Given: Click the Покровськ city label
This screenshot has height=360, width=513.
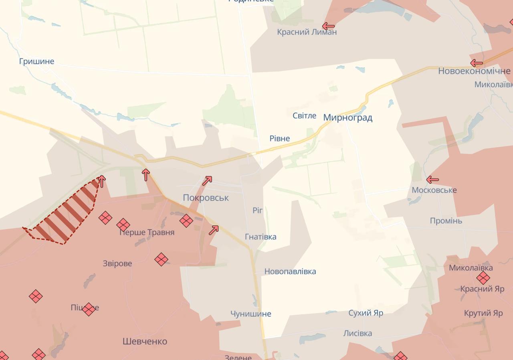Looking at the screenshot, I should pos(206,198).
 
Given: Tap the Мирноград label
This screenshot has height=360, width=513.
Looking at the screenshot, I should pos(347,117).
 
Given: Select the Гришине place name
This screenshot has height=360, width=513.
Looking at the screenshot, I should pos(36,61).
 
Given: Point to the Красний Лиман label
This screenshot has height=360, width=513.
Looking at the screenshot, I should pos(307,32).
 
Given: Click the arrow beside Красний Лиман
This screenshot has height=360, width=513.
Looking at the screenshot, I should pos(328,26).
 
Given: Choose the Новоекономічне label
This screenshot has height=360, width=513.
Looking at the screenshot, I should pos(474,71).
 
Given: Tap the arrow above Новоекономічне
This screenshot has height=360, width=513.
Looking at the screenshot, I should pos(477,63).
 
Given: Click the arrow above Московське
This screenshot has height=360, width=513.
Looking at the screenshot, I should pos(432,180).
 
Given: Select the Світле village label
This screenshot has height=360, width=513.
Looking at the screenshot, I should pos(304,115).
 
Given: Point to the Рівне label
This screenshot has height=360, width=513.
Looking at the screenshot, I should pos(279,138).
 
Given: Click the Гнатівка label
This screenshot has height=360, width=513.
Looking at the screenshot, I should pos(261,237).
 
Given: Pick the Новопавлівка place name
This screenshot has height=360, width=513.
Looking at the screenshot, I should pos(290,271).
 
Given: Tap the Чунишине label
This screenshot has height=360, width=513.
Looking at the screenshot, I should pos(250,314).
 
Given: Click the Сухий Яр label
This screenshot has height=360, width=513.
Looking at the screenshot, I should pos(366,313).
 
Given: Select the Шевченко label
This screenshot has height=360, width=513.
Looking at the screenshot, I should pos(145,342).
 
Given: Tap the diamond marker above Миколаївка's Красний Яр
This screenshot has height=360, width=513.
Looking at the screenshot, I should pos(483,278).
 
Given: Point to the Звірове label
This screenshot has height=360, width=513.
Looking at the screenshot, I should pos(117,263).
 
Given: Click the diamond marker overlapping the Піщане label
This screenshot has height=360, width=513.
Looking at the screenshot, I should pos(89,309).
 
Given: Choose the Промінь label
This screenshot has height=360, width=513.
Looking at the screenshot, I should pos(446,221).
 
